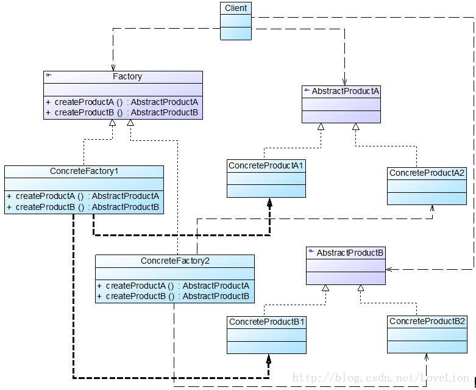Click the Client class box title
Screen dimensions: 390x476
(235, 9)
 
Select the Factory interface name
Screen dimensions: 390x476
(127, 76)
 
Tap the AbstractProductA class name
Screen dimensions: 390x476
(346, 91)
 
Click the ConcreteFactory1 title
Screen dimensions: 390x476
(84, 172)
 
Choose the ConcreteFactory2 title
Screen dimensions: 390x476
(175, 261)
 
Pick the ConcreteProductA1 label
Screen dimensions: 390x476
(266, 165)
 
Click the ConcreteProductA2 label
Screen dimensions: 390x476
(427, 173)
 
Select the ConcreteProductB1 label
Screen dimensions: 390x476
(266, 321)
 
